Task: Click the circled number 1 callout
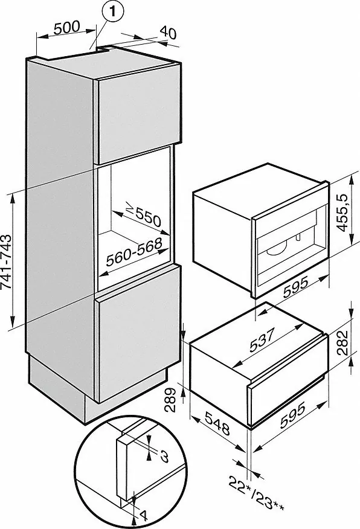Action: click(x=113, y=12)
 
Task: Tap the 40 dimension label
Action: click(x=168, y=33)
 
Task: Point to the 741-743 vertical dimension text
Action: click(x=7, y=261)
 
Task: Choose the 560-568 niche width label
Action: click(x=134, y=252)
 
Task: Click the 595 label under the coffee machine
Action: click(x=295, y=287)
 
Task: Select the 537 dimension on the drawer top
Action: click(x=263, y=339)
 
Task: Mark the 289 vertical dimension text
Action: click(x=171, y=400)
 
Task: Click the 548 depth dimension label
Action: click(x=217, y=423)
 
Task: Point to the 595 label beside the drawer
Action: click(x=292, y=415)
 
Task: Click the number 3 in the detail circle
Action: click(x=163, y=456)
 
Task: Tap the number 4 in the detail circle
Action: click(x=144, y=516)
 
